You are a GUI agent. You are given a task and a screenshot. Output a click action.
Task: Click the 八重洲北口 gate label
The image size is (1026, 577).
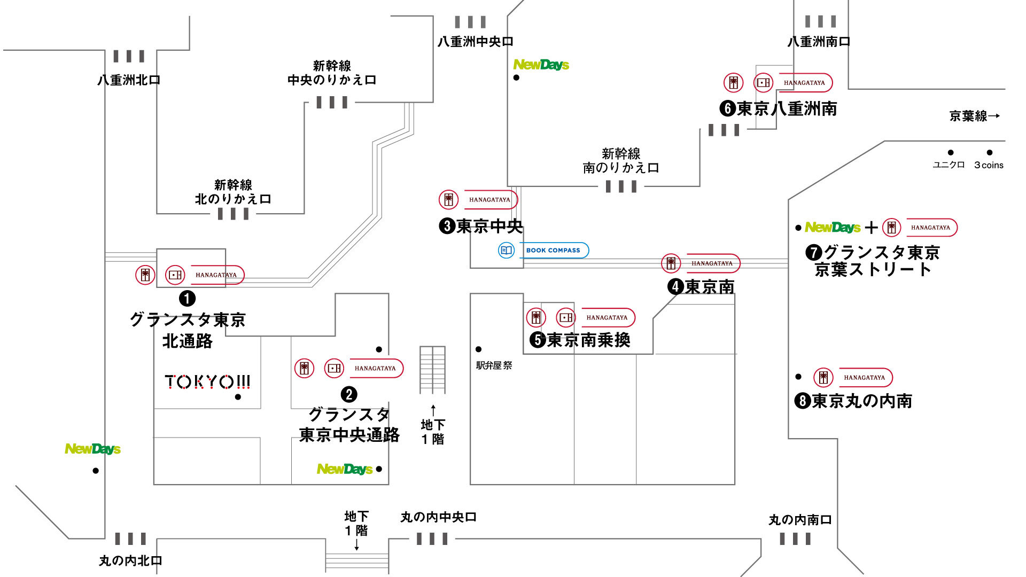(129, 80)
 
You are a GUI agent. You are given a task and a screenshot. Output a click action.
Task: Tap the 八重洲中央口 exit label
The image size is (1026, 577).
(475, 42)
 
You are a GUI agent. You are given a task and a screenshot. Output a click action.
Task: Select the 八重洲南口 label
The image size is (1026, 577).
(819, 42)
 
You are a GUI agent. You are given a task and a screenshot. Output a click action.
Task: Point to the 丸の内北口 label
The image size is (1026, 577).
(130, 560)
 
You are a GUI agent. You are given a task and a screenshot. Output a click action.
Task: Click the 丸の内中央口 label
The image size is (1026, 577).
(438, 517)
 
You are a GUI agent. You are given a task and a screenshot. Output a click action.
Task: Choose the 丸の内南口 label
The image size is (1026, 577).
(800, 520)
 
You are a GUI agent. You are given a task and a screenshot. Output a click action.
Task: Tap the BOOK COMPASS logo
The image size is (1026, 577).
(543, 250)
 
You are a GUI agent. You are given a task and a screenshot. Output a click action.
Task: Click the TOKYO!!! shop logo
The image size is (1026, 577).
(207, 381)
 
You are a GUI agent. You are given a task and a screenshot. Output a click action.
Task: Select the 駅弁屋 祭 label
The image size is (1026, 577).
(494, 365)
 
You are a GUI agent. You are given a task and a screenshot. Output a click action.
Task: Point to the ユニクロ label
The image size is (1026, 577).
(949, 165)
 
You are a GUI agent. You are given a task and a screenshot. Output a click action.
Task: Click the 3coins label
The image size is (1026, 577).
(989, 165)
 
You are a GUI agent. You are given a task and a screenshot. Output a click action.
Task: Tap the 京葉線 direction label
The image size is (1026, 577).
(974, 116)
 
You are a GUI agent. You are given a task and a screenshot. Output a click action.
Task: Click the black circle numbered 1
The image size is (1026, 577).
(187, 298)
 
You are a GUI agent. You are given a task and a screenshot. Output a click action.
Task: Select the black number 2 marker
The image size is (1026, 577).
(349, 394)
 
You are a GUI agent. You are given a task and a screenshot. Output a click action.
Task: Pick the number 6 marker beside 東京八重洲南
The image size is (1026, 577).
(728, 108)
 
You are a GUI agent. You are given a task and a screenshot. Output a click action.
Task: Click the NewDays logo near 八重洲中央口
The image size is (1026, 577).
(541, 65)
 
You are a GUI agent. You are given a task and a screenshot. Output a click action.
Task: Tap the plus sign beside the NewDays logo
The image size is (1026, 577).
(872, 228)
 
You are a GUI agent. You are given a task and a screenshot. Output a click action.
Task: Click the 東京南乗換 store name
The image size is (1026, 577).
(588, 340)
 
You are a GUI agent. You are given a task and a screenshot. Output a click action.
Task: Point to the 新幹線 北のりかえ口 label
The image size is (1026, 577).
(233, 192)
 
